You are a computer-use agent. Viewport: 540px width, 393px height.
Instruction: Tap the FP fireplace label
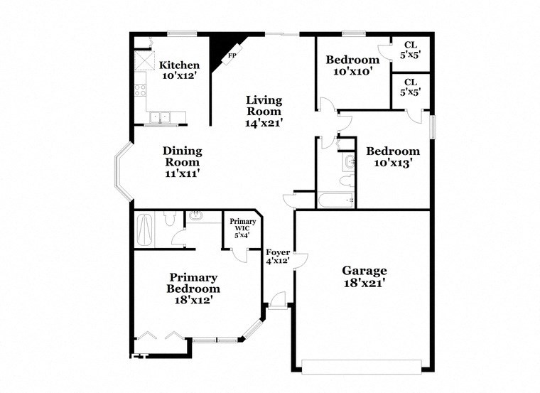231,55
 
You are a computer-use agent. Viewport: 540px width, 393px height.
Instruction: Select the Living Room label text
264,111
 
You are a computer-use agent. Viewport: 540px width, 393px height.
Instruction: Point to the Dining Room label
183,161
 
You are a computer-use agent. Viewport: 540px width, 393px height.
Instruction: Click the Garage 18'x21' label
364,276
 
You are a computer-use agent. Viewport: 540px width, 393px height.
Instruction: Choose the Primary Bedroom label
193,289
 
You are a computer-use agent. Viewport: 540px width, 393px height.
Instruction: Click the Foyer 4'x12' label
277,257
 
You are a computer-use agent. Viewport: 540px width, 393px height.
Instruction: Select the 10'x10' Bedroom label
352,65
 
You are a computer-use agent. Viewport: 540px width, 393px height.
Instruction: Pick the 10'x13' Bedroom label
392,156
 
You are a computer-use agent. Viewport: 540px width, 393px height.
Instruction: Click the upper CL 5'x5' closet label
411,49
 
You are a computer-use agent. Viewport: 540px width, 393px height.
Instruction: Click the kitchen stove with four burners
141,90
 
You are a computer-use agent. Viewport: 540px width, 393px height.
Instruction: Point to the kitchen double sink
165,117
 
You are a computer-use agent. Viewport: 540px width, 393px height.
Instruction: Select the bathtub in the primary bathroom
145,229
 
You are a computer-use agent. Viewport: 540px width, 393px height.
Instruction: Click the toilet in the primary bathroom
169,218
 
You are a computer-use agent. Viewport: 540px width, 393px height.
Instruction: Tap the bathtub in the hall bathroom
335,200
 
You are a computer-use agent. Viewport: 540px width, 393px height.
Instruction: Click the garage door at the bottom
362,367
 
